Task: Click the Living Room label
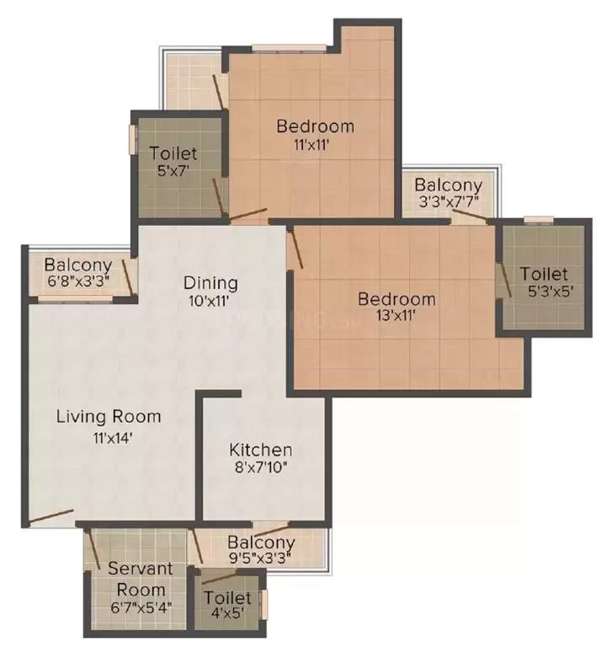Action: tap(109, 416)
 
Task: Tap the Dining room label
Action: tap(211, 283)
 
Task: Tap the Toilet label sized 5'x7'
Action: tap(174, 153)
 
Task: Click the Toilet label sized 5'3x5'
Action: tap(543, 274)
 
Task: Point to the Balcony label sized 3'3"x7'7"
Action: tap(449, 184)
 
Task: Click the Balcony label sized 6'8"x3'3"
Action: tap(77, 264)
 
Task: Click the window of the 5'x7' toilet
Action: tap(131, 140)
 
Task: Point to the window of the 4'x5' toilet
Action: tap(263, 604)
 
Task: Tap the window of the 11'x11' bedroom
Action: tap(289, 48)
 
